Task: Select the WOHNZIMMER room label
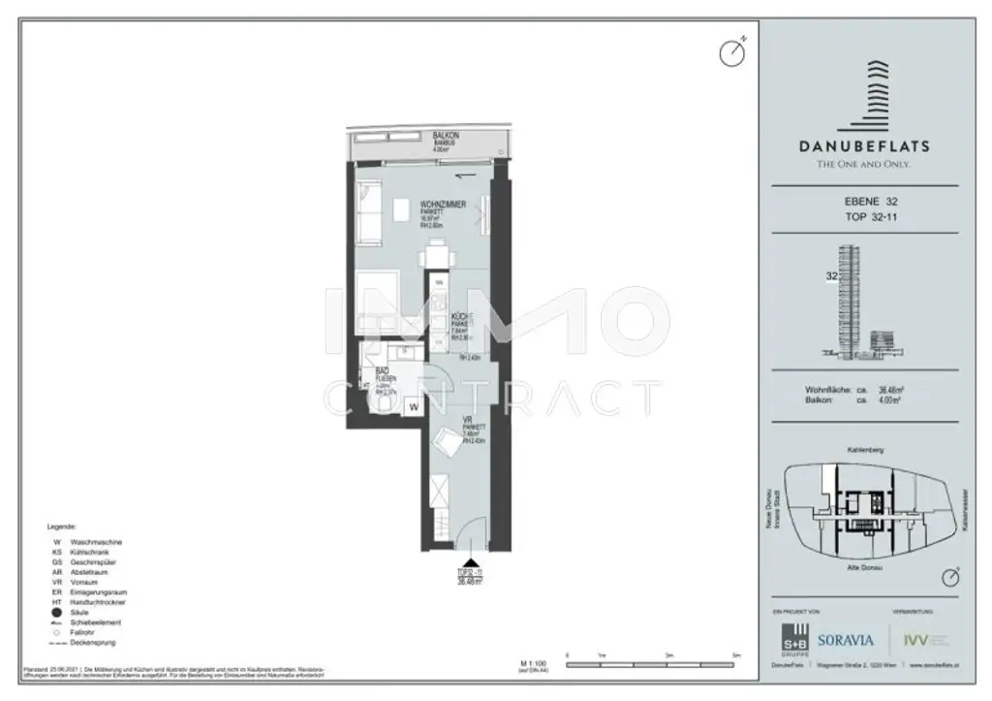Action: pyautogui.click(x=444, y=205)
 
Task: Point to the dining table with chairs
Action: pyautogui.click(x=434, y=257)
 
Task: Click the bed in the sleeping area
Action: pyautogui.click(x=387, y=302)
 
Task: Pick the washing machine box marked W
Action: pyautogui.click(x=414, y=408)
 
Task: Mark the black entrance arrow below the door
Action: pyautogui.click(x=471, y=559)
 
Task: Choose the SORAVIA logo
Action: pyautogui.click(x=846, y=640)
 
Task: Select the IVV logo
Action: pyautogui.click(x=914, y=640)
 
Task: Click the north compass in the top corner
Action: pyautogui.click(x=731, y=52)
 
